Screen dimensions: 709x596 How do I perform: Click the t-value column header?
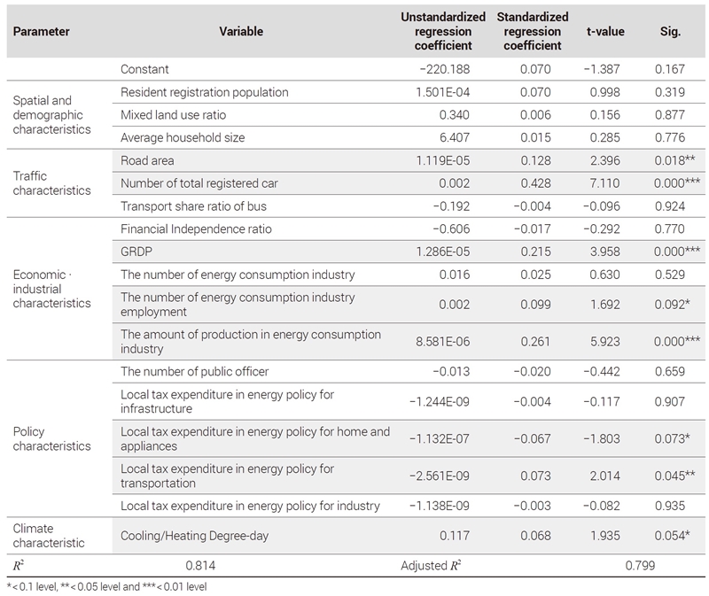(x=605, y=31)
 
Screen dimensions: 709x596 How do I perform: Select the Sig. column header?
(x=670, y=31)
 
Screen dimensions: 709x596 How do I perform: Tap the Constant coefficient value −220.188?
(x=445, y=69)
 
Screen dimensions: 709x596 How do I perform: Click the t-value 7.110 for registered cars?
(x=604, y=183)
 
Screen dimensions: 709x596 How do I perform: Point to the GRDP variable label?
(x=136, y=252)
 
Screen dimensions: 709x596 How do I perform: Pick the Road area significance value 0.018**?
(x=674, y=160)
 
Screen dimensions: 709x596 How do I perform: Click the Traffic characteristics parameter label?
(x=51, y=183)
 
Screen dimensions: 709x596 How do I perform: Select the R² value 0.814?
(x=200, y=565)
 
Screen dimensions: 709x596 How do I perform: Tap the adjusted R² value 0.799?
(x=640, y=565)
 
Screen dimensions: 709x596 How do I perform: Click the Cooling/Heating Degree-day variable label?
(x=194, y=536)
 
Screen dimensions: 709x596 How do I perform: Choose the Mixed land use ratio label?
(x=173, y=115)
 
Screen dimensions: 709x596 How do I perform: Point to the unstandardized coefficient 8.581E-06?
(x=442, y=342)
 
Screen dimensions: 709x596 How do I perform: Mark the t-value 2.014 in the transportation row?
(x=604, y=476)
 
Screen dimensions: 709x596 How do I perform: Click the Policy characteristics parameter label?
(x=51, y=438)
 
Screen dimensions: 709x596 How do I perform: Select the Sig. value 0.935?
(x=670, y=506)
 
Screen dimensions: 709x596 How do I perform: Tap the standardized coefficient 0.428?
(x=535, y=183)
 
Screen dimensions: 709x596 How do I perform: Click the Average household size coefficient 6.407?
(x=455, y=137)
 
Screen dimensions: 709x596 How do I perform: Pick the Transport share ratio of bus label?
(x=193, y=206)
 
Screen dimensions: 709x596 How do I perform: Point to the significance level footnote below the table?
(x=107, y=586)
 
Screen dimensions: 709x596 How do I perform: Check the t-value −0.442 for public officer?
(x=602, y=371)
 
